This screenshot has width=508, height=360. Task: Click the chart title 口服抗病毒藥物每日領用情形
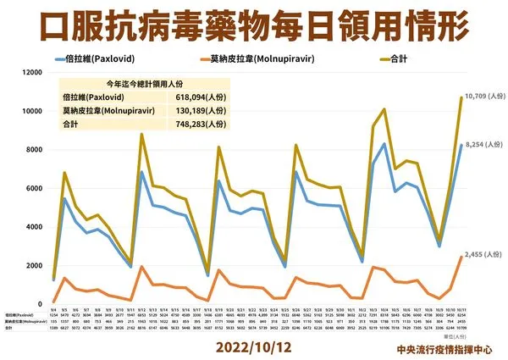254,26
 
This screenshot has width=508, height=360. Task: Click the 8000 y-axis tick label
32,150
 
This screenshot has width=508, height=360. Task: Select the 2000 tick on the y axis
32,265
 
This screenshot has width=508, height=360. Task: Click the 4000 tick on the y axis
32,227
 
